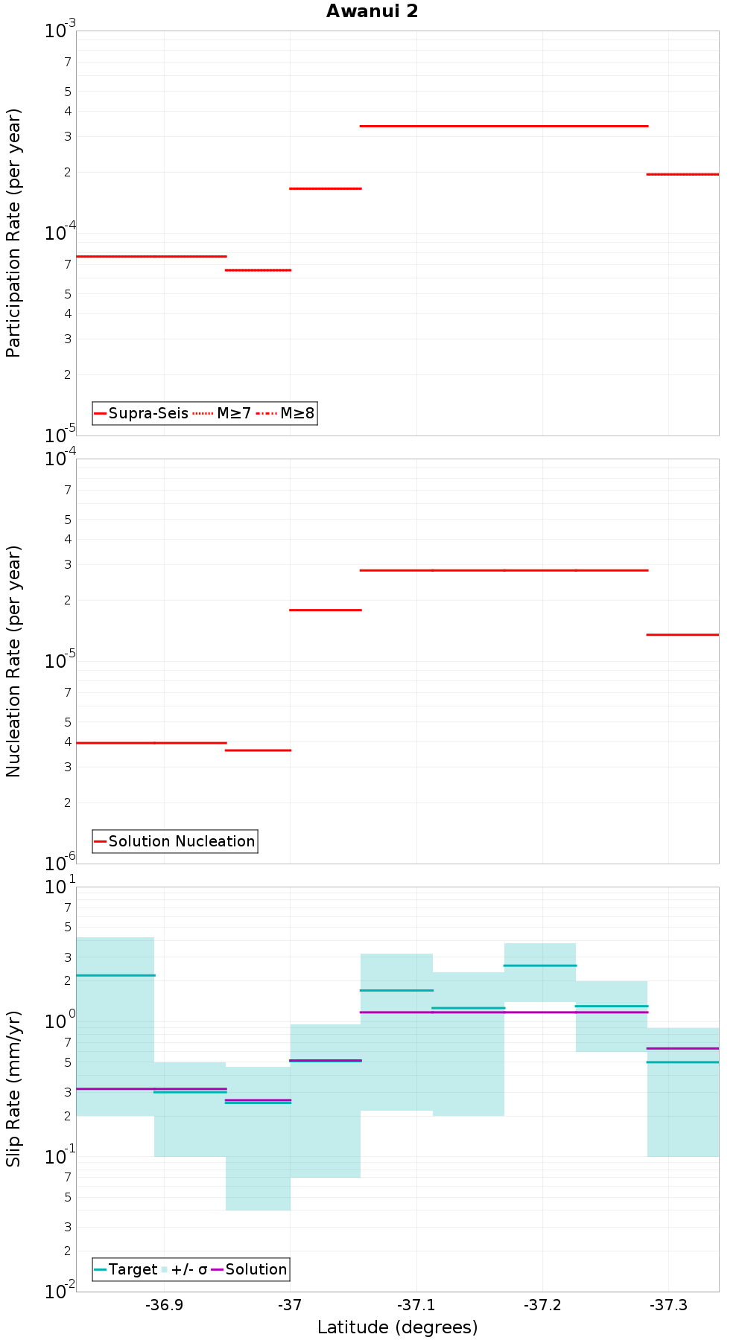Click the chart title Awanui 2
tap(372, 11)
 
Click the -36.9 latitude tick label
tap(164, 1304)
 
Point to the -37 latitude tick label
tap(290, 1304)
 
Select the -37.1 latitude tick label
tap(416, 1304)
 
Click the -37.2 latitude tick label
tap(542, 1304)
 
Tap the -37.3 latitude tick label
tap(668, 1304)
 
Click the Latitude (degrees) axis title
tap(397, 1327)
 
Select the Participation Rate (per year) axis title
tap(13, 233)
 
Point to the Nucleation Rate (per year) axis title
tap(13, 661)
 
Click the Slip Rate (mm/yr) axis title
tap(13, 1088)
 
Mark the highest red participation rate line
tap(504, 127)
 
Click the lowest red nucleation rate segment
tap(258, 750)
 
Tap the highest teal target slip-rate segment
tap(539, 966)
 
